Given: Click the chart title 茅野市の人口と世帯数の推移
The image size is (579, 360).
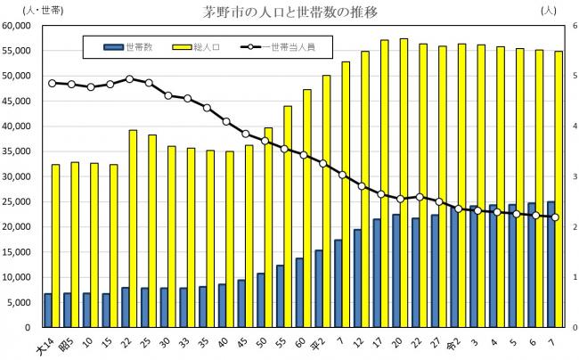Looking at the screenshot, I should click(289, 12).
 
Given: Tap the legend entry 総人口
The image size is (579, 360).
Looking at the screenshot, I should click(208, 45).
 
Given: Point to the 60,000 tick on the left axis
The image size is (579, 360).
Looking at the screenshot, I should click(19, 26).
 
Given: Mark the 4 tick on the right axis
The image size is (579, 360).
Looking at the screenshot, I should click(565, 127).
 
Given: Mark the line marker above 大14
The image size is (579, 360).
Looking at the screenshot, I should click(52, 83).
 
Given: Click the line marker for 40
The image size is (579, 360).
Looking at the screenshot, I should click(226, 121).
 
